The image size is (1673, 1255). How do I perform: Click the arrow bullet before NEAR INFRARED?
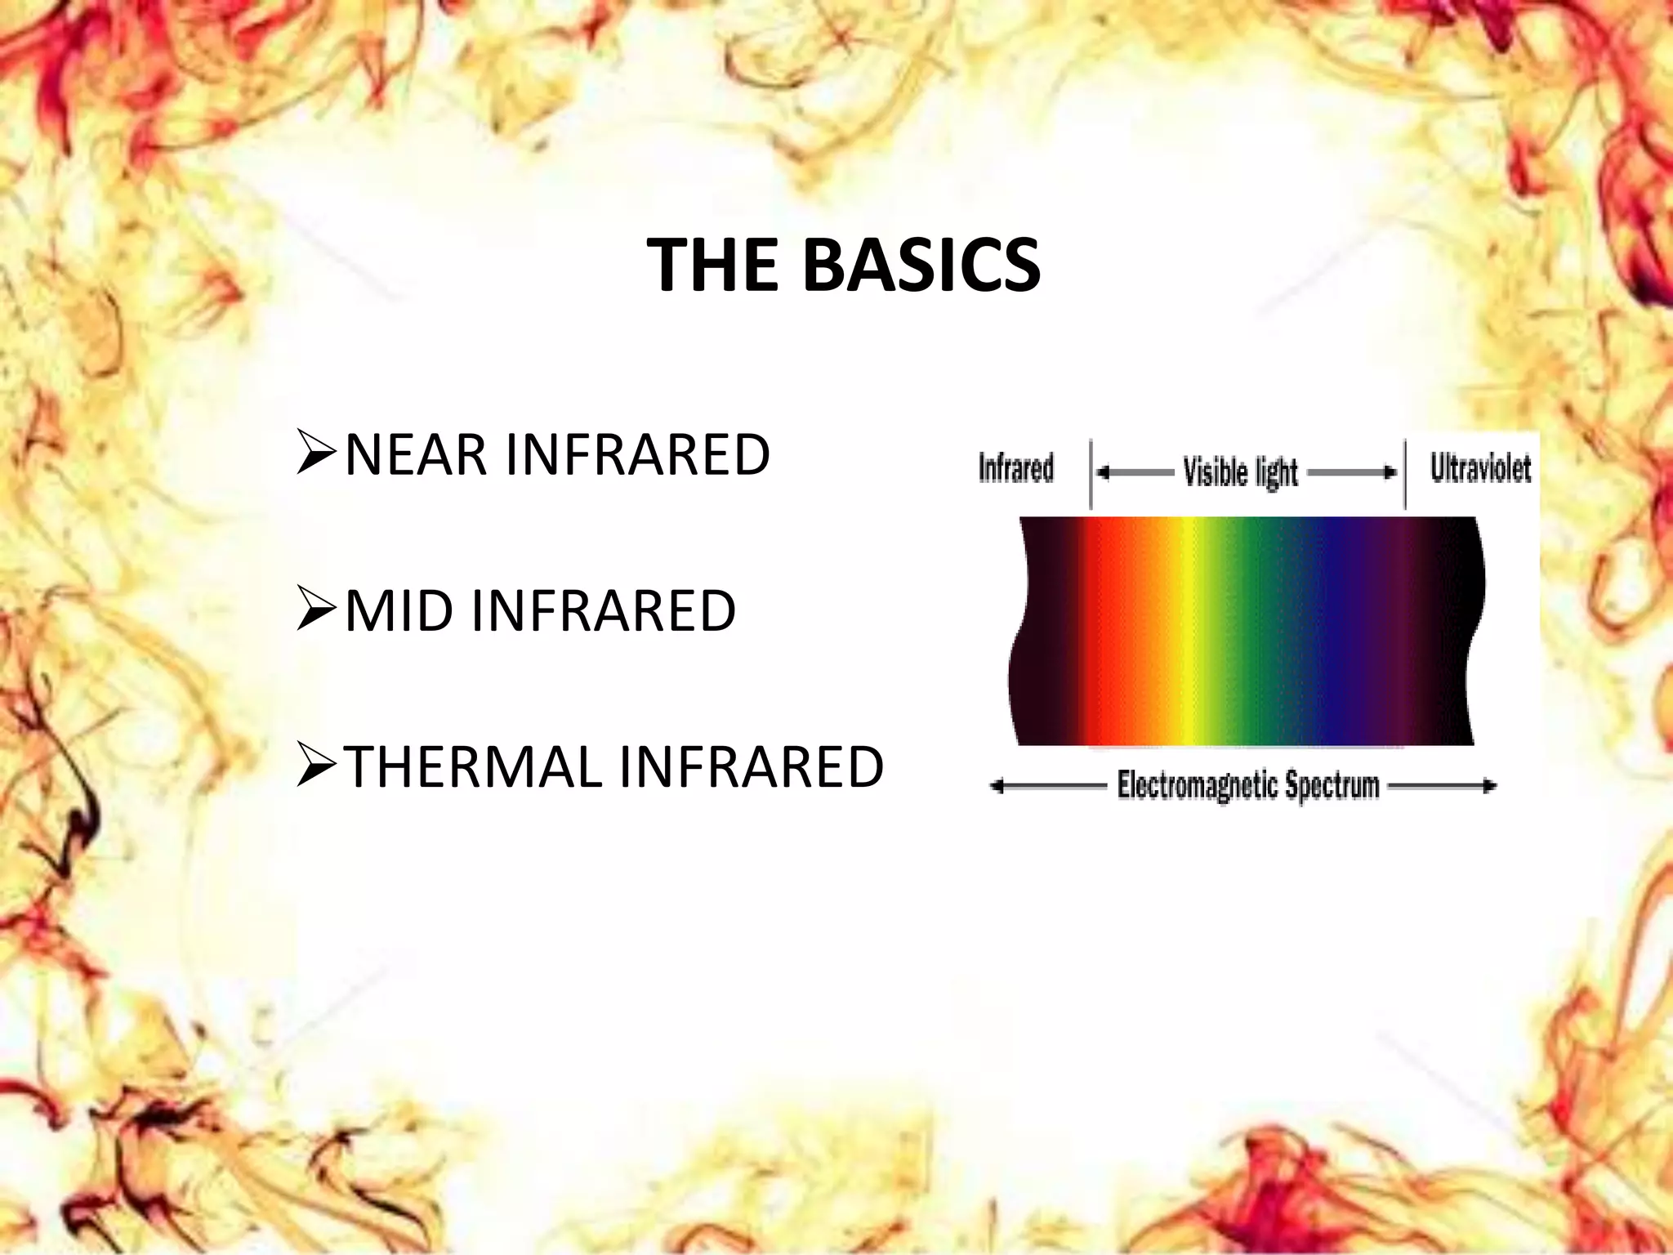317,456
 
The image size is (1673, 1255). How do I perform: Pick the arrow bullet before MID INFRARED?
317,612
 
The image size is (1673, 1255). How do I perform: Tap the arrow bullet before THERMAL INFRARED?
317,768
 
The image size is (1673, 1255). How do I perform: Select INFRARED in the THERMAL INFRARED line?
752,767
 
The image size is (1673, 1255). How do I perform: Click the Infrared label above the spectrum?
1016,469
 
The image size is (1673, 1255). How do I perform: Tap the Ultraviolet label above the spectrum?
1480,468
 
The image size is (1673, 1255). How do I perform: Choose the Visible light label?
1240,472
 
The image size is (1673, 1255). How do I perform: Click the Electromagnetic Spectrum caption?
1247,786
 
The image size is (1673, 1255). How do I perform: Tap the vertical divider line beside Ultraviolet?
1405,474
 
